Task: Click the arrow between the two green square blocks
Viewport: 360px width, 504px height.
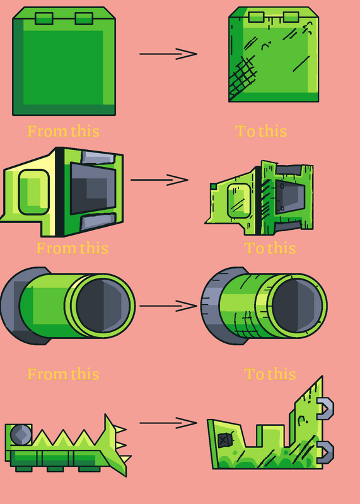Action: pos(168,54)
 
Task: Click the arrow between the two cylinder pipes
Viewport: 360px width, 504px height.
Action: pos(168,306)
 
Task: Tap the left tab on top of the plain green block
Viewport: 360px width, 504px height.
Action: pos(44,18)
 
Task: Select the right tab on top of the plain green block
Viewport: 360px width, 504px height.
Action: pos(84,18)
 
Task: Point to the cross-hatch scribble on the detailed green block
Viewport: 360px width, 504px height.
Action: pos(243,76)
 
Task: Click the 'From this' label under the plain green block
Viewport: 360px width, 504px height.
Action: pos(63,131)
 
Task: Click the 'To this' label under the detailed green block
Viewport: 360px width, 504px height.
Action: pos(260,131)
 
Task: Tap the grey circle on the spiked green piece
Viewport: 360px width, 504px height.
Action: pos(21,435)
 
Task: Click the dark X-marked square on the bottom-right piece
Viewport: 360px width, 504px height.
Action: pos(224,440)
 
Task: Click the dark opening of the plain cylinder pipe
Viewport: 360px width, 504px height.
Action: pos(103,306)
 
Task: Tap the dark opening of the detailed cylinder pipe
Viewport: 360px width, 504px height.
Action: pos(297,306)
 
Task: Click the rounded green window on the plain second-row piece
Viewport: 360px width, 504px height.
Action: pos(34,192)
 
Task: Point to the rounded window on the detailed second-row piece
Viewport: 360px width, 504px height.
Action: pos(239,201)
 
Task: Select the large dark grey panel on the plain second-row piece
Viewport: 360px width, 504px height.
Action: pos(93,188)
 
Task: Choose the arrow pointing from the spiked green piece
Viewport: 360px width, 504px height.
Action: pos(168,423)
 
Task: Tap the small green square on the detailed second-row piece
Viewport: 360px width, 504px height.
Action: pos(213,186)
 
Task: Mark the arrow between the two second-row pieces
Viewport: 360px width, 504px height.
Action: pos(160,180)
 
